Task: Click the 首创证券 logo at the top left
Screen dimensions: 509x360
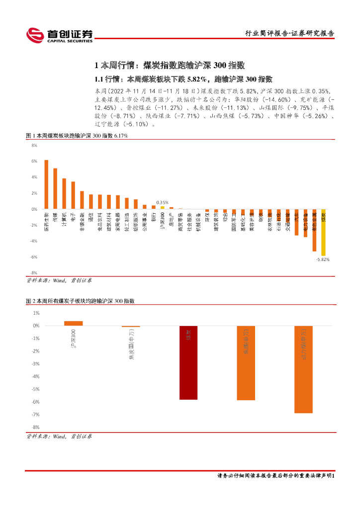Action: tap(60, 35)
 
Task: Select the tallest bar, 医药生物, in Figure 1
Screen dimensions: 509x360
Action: tap(46, 184)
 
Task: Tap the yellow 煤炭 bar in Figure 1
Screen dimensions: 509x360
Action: tap(323, 232)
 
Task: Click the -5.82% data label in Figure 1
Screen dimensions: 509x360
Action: tap(323, 259)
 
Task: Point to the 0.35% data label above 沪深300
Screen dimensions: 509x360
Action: tap(162, 202)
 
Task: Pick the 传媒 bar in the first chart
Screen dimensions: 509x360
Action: tap(55, 189)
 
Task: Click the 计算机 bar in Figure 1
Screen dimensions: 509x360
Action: tap(64, 194)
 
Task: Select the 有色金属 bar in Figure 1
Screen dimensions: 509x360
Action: tap(314, 230)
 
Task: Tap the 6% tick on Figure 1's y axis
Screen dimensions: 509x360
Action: tap(34, 161)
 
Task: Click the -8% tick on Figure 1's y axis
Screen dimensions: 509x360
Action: tap(34, 273)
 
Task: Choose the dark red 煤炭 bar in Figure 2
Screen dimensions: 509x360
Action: tap(188, 363)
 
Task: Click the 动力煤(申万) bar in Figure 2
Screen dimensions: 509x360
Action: tap(303, 369)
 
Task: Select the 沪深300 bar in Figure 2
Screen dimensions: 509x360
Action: tap(74, 323)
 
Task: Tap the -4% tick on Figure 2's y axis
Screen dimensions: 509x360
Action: tap(36, 376)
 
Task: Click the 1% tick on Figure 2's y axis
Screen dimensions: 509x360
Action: tap(36, 313)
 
